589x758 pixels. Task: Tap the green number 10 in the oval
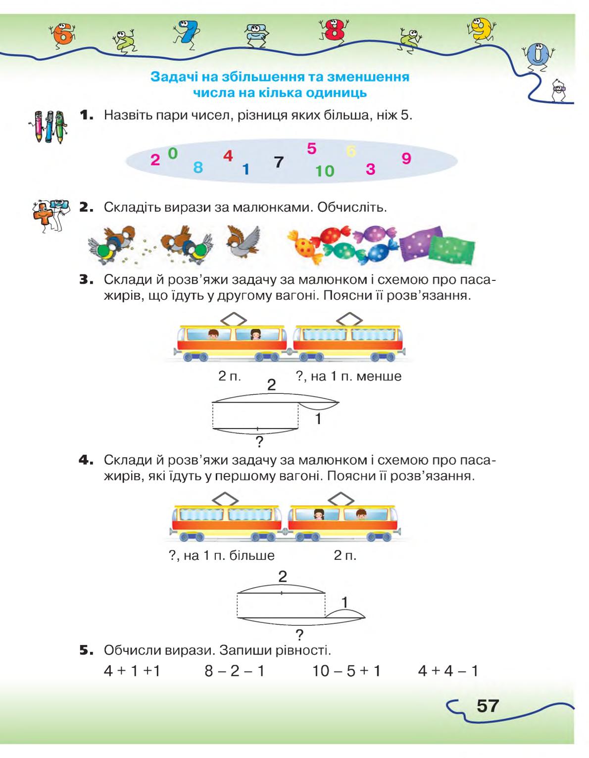(x=325, y=171)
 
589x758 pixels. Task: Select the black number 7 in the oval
(x=278, y=162)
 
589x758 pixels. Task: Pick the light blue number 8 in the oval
(x=198, y=167)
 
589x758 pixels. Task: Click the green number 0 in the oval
(x=173, y=153)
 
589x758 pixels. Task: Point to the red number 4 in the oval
(x=228, y=156)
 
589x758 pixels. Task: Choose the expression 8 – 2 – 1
(x=235, y=670)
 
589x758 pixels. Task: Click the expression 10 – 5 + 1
(x=346, y=670)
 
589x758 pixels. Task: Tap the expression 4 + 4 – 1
(x=448, y=670)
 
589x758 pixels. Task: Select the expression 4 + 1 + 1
(x=132, y=670)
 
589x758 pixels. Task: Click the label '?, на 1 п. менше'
(x=348, y=376)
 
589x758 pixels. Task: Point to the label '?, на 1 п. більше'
(x=222, y=555)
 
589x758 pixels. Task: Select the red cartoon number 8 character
(x=333, y=30)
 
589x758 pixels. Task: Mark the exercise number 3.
(x=87, y=280)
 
